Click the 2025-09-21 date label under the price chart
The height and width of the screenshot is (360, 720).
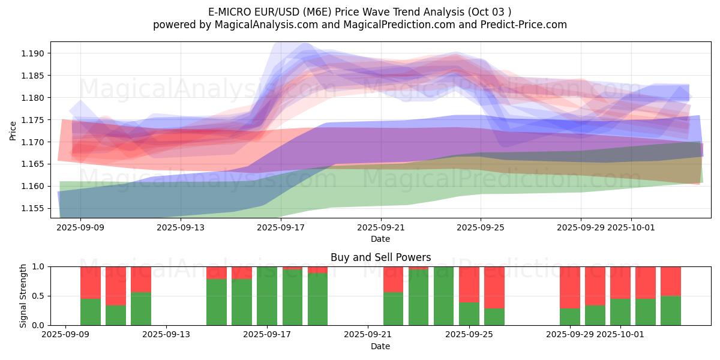(380, 228)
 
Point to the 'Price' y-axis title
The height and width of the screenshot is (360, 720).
(13, 131)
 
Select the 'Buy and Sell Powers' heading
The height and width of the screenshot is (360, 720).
(380, 257)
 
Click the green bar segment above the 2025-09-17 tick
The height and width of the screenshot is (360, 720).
(267, 297)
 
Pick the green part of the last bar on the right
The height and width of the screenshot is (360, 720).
(671, 310)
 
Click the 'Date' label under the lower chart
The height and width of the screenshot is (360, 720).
(380, 346)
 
